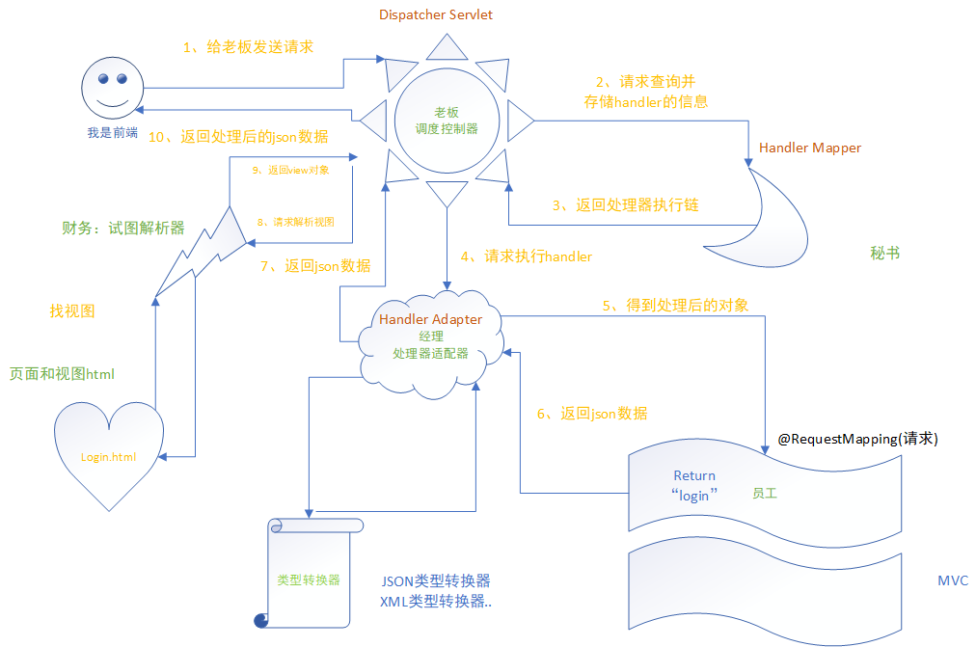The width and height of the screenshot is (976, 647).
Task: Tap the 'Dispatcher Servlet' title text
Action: (436, 14)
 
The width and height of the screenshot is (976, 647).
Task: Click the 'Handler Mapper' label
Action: (810, 148)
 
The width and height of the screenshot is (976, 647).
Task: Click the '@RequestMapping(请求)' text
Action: (858, 439)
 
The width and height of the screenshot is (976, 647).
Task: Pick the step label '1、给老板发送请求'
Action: (248, 46)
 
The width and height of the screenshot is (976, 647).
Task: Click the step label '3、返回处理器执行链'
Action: (624, 205)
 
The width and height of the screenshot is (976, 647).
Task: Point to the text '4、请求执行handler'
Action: (526, 256)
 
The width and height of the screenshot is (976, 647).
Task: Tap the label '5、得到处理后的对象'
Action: (676, 305)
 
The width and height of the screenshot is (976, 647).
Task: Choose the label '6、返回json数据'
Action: (591, 414)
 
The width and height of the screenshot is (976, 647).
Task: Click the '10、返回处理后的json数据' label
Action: (237, 137)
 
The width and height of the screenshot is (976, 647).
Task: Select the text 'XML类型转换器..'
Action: (437, 602)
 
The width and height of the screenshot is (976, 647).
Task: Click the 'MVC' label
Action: (953, 580)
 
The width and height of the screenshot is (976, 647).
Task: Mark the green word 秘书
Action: (884, 254)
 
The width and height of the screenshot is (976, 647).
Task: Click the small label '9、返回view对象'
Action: (289, 170)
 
